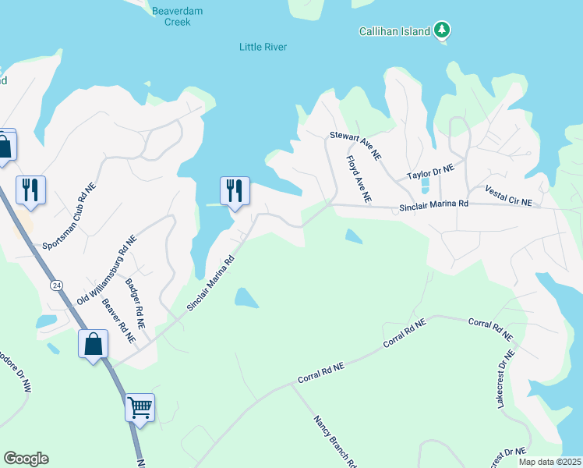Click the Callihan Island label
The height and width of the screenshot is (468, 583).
(394, 32)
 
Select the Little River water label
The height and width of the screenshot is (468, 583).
(263, 48)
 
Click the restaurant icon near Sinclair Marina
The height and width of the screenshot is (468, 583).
(234, 190)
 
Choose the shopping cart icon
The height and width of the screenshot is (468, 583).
(140, 406)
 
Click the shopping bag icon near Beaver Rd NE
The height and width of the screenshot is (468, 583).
(93, 342)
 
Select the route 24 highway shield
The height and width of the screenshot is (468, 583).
(56, 285)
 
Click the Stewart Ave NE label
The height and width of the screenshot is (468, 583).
(355, 147)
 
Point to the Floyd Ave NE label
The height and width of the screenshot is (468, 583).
(357, 179)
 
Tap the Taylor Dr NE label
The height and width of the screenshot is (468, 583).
(435, 172)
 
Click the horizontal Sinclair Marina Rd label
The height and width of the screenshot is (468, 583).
(433, 207)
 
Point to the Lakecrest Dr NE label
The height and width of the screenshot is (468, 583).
(506, 380)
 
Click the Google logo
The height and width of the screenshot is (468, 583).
(26, 459)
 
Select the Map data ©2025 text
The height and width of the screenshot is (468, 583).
(549, 462)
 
